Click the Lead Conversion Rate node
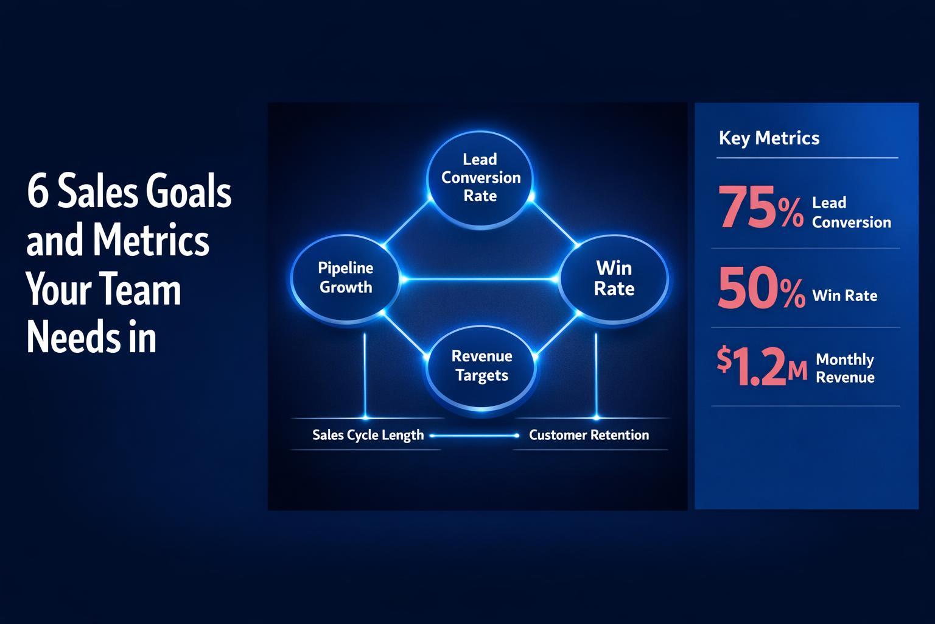point(480,177)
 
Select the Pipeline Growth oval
point(346,278)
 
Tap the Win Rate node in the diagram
point(614,278)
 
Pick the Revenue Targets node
point(482,366)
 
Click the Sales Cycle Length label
point(368,435)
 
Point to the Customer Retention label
point(589,435)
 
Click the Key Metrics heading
point(769,138)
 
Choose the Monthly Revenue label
point(845,368)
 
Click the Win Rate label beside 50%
point(845,296)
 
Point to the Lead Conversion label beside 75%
point(851,212)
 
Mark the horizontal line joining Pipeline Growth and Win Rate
point(480,280)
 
